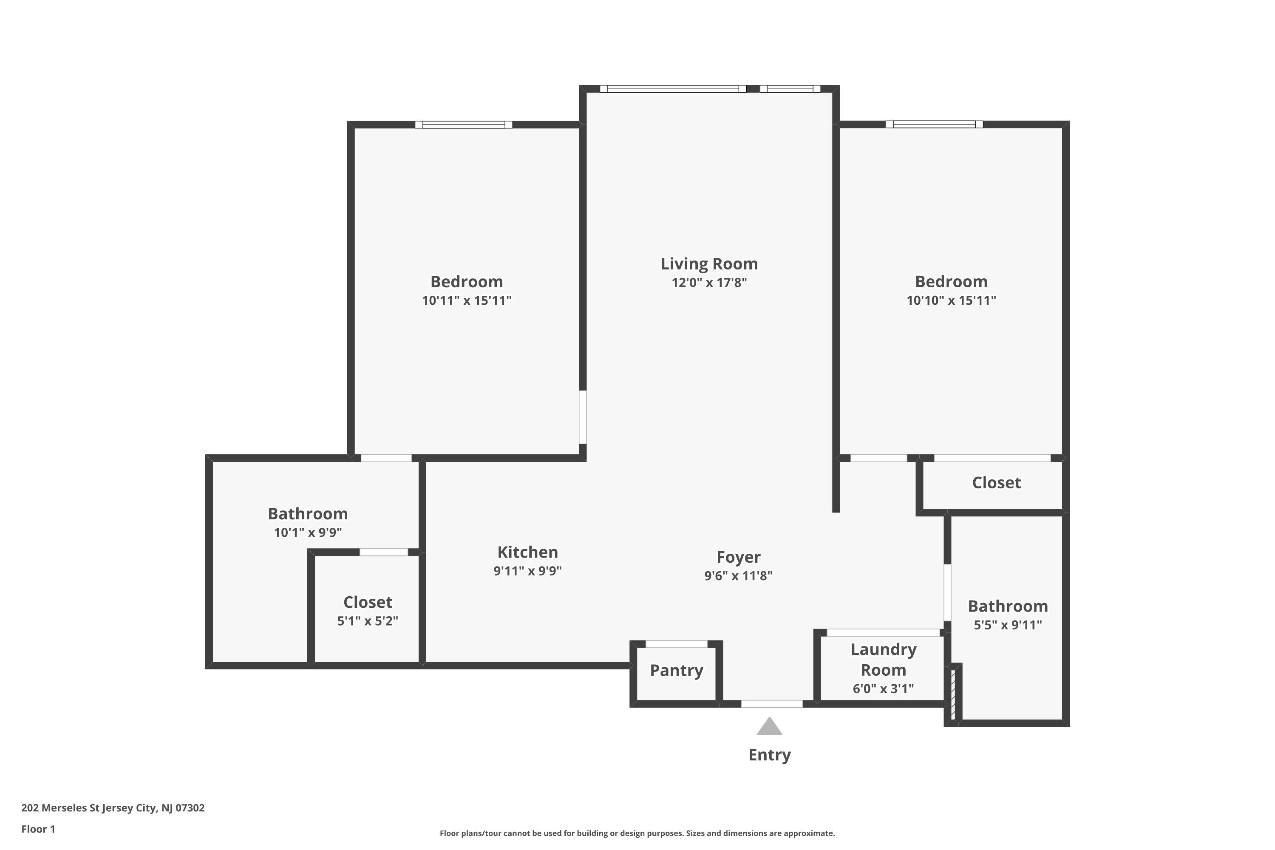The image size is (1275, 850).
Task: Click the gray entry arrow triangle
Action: coord(769,727)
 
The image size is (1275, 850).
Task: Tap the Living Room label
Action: coord(709,264)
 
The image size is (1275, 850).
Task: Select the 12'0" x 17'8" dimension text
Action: coord(709,283)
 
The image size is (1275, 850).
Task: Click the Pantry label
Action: coord(677,671)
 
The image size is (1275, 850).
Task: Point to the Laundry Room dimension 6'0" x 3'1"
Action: coord(883,688)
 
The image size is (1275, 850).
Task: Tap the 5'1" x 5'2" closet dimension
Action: coord(368,620)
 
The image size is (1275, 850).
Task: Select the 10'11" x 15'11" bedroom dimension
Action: coord(467,300)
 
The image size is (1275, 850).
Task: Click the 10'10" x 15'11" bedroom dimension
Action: coord(952,300)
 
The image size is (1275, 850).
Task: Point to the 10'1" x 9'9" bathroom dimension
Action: coord(308,533)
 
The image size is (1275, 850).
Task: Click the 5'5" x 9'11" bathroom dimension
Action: coord(1008,625)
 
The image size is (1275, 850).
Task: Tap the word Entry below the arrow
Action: coord(769,755)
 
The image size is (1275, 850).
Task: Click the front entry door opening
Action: coord(772,704)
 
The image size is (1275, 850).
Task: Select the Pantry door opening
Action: coord(677,644)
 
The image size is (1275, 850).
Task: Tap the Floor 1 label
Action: coord(38,829)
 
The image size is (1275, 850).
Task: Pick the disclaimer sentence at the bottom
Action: coord(637,833)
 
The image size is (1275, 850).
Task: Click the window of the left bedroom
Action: coord(464,125)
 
